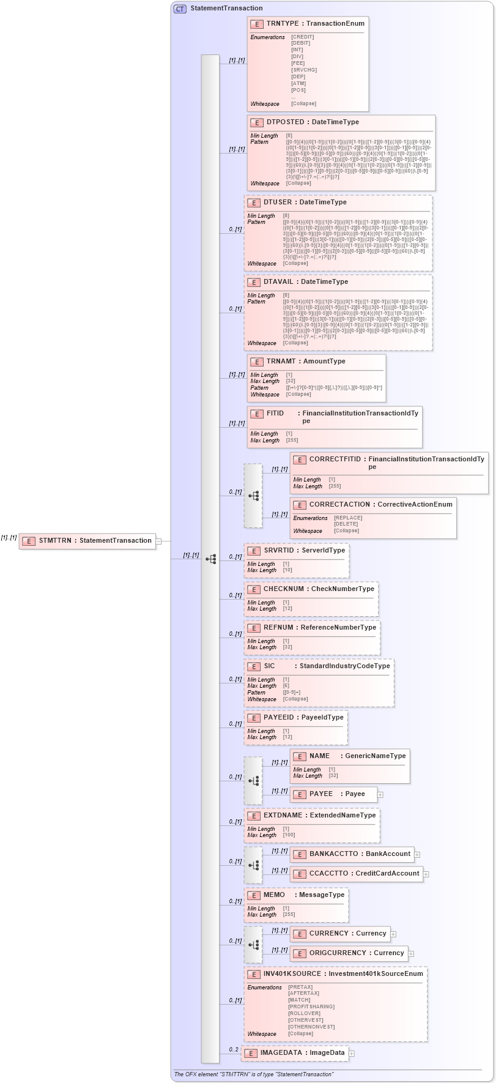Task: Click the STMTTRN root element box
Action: (x=87, y=541)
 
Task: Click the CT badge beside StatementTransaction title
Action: (x=180, y=9)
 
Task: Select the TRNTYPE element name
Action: (x=283, y=24)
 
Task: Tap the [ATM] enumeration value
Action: (x=298, y=84)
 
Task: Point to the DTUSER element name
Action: (x=278, y=203)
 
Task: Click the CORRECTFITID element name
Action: (x=335, y=460)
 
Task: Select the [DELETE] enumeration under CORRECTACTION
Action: (x=346, y=524)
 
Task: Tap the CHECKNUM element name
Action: (x=283, y=589)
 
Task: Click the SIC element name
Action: (x=269, y=666)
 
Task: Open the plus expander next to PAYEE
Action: (x=380, y=795)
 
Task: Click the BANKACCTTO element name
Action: (x=333, y=854)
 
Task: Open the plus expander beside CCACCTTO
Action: (x=426, y=874)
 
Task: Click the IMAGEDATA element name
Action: (x=281, y=1053)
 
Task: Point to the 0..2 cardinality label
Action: (x=234, y=1050)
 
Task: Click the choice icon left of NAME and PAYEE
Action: (x=253, y=781)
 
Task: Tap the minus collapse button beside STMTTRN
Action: (x=158, y=541)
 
